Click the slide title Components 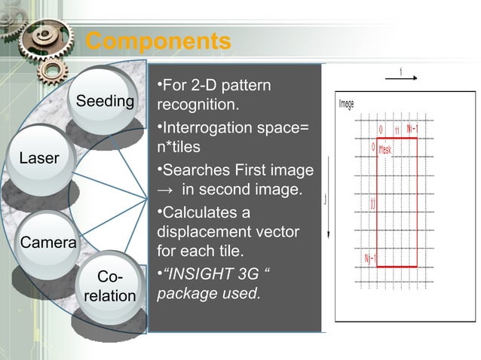tap(158, 41)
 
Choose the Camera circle tap(48, 243)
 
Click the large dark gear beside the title tap(47, 38)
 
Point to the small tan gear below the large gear tap(54, 71)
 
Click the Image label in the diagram tap(346, 104)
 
